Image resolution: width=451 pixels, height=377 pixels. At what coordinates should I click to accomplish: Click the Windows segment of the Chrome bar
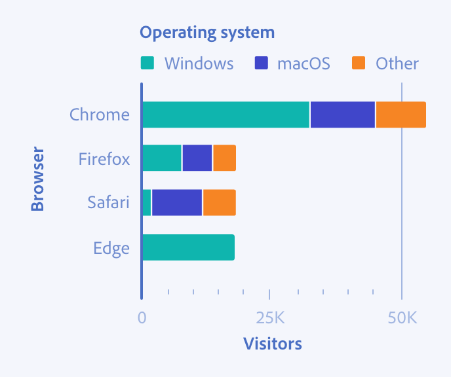coord(226,115)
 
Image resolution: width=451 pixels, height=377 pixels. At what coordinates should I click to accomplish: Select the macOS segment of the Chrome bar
coord(342,115)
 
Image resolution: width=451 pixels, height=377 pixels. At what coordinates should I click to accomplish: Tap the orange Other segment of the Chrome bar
coord(401,115)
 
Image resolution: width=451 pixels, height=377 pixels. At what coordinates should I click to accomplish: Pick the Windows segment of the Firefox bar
coord(161,158)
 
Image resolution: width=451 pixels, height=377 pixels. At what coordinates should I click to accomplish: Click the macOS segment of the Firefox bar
coord(197,158)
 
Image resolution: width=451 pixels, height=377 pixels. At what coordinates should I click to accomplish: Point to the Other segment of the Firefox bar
coord(224,158)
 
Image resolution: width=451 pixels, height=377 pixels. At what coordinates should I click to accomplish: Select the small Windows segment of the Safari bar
coord(146,203)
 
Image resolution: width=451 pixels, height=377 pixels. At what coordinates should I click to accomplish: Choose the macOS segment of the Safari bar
coord(177,203)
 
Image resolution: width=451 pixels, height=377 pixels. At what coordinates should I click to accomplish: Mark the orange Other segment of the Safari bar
coord(219,203)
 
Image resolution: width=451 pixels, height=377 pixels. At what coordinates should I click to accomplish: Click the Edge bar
coord(188,247)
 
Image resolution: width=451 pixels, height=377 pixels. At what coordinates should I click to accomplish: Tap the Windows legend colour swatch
coord(147,63)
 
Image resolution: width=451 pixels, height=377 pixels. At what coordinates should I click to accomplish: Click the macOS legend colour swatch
coord(261,63)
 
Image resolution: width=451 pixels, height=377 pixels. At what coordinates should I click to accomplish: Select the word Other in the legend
coord(397,63)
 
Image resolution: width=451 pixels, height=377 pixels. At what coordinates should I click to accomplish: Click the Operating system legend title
coord(207,32)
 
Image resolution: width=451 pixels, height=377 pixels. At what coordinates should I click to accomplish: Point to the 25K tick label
coord(269,319)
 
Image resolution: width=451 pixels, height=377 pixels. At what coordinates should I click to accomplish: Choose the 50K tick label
coord(402,319)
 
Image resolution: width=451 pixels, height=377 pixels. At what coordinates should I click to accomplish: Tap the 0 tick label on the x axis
coord(142,319)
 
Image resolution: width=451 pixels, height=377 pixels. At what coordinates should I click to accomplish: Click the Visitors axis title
coord(272,344)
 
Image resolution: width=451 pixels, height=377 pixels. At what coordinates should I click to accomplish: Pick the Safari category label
coord(109,203)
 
